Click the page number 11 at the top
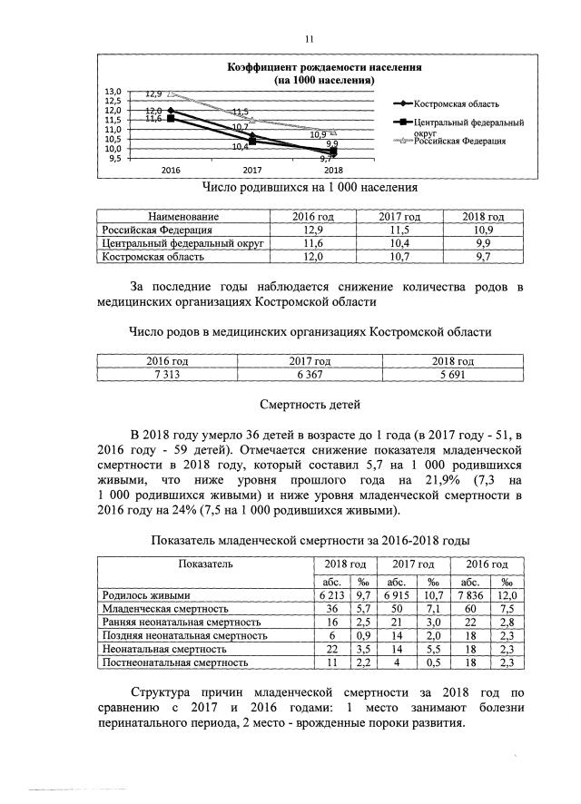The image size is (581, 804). point(309,39)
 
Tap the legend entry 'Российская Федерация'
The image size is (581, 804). point(459,141)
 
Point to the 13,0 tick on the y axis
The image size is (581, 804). point(113,92)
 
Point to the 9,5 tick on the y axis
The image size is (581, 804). point(113,158)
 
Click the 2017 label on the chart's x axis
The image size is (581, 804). point(251,170)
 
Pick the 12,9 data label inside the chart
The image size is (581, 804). point(153,93)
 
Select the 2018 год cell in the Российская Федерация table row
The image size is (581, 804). point(483,230)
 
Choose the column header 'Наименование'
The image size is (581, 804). point(183,217)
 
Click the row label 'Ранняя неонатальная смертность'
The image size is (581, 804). point(182,623)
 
